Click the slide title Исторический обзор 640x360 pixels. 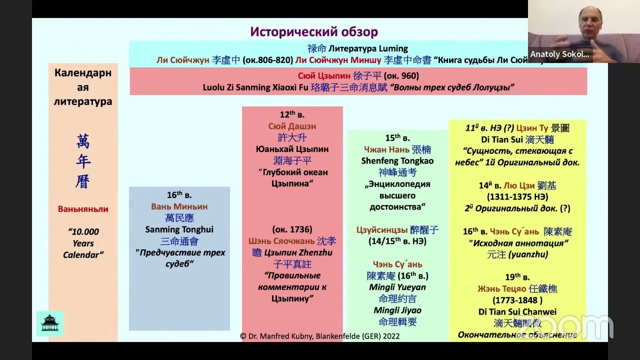click(x=314, y=32)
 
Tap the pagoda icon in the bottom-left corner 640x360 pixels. click(x=50, y=323)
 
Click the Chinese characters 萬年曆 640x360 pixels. click(x=83, y=161)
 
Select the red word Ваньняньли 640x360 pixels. click(x=83, y=209)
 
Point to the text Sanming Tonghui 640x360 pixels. click(x=179, y=229)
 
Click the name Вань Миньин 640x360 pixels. click(x=179, y=206)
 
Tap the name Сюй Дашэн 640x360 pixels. click(x=292, y=126)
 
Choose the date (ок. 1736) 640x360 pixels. click(x=292, y=229)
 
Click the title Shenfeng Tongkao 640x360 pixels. click(x=397, y=161)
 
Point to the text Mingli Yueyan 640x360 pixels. click(x=397, y=287)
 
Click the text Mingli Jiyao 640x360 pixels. click(x=397, y=310)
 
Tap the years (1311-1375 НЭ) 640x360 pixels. click(x=517, y=197)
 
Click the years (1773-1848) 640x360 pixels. click(x=517, y=300)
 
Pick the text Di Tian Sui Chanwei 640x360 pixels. click(x=517, y=312)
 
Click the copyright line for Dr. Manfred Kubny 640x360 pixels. click(x=319, y=336)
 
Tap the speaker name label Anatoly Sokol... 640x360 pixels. click(x=559, y=54)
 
